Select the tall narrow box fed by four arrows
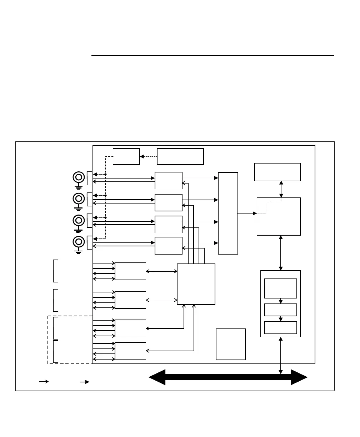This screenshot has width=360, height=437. click(x=228, y=213)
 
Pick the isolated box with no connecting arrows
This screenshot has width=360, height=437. click(x=231, y=344)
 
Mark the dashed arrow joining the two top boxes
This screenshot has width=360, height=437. click(x=148, y=156)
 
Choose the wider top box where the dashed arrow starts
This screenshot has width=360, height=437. click(x=180, y=156)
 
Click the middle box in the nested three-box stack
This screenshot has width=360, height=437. click(x=280, y=310)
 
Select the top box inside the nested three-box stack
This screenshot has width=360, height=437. click(x=280, y=288)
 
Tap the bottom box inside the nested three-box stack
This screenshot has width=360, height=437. click(x=280, y=327)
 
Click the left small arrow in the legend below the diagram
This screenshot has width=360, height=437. click(x=44, y=382)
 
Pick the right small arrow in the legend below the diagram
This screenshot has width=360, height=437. click(x=85, y=382)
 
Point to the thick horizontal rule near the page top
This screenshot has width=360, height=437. click(x=212, y=56)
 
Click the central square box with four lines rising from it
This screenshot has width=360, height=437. click(x=196, y=284)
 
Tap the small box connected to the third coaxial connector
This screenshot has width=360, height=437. click(x=169, y=224)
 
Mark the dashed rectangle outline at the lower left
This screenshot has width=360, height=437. click(x=48, y=339)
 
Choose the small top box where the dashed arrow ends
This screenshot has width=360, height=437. click(x=126, y=156)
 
